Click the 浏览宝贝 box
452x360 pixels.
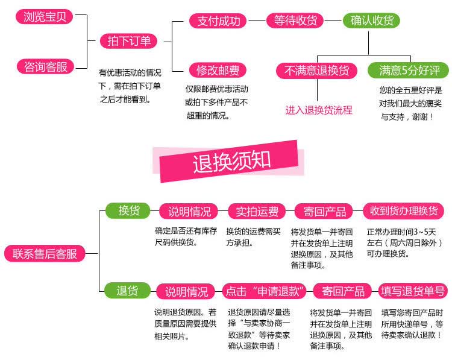coord(45,16)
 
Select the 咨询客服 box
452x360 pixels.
coord(45,66)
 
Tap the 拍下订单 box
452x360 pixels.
coord(128,41)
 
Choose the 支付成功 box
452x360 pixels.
coord(218,21)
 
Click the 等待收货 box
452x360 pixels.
coord(295,21)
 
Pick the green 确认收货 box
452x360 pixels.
coord(372,21)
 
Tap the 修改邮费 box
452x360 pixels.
coord(218,70)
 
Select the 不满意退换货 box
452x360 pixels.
coord(317,71)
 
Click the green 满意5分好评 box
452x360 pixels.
coord(409,71)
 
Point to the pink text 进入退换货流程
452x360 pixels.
coord(319,110)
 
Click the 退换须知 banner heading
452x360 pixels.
coord(231,162)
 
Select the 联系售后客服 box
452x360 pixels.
coord(45,254)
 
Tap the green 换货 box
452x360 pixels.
coord(128,210)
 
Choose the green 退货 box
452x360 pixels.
coord(128,291)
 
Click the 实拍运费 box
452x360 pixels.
coord(257,212)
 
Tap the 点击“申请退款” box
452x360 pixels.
coord(265,291)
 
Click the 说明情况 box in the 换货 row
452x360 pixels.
coord(189,212)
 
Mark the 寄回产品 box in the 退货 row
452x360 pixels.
coord(343,291)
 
